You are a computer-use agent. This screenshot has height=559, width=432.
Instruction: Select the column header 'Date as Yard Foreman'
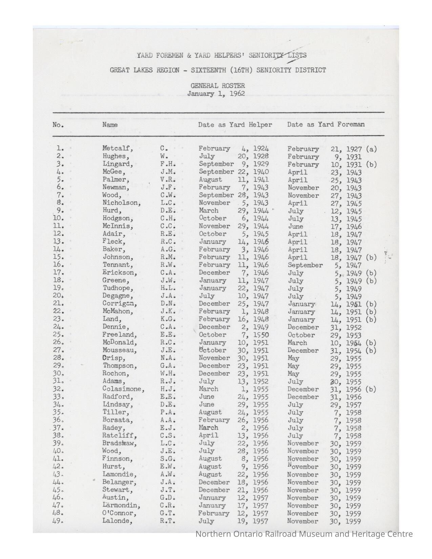326,124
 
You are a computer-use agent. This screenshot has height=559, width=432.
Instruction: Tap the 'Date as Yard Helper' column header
235,125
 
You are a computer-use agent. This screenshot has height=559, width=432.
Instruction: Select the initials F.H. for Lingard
168,164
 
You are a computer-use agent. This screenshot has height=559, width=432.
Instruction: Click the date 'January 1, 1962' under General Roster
216,94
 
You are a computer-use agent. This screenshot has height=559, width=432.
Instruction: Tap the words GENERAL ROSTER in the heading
218,86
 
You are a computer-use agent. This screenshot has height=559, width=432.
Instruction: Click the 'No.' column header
58,125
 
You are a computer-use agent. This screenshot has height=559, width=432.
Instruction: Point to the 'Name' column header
110,125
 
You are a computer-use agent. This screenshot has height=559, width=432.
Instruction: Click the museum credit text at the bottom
304,534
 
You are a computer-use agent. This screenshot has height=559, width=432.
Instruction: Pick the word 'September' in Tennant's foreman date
305,265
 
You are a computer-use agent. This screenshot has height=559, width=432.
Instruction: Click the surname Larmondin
121,505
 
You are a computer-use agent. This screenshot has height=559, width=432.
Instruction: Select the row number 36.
58,420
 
